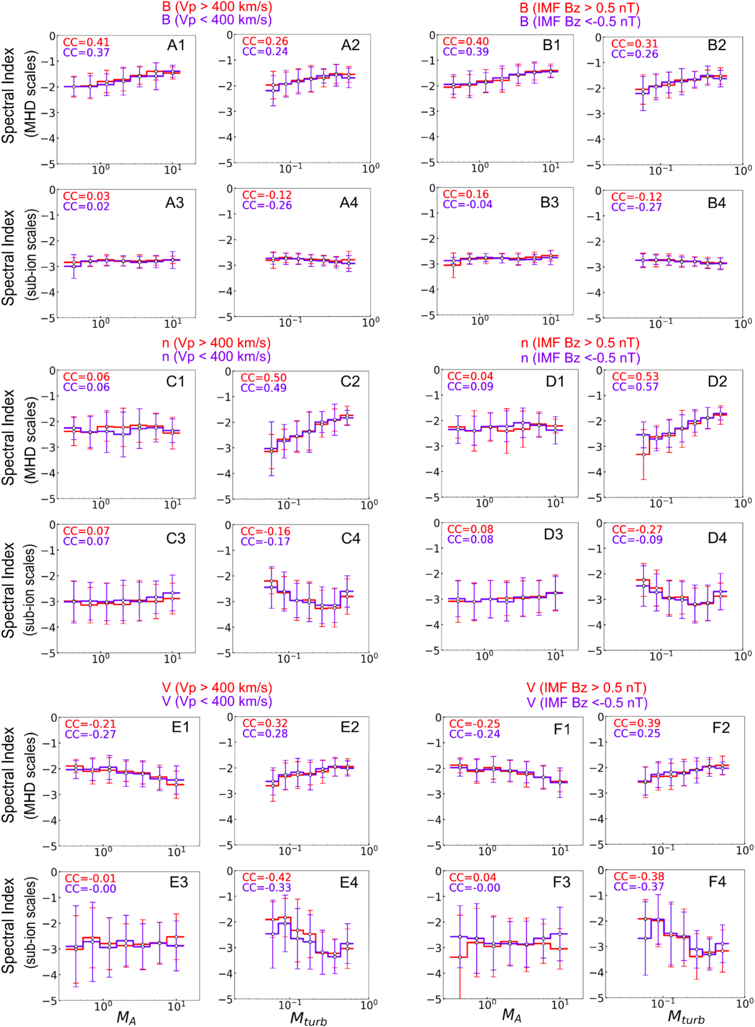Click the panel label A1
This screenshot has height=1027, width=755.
coord(176,45)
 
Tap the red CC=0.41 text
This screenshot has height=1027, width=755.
coord(86,42)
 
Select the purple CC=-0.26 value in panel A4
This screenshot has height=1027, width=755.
coord(267,206)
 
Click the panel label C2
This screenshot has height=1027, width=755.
coord(350,382)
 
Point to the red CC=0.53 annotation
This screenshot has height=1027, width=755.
coord(635,377)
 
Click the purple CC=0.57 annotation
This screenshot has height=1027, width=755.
coord(635,387)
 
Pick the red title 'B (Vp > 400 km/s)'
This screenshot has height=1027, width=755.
coord(217,7)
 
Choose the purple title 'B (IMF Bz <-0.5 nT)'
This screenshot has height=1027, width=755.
coord(580,22)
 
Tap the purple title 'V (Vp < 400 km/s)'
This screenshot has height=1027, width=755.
coord(217,701)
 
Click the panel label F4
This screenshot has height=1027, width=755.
coord(717,882)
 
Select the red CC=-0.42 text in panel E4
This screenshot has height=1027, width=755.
coord(266,877)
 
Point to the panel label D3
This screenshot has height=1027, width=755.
coord(553,534)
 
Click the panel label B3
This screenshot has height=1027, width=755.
coord(549,202)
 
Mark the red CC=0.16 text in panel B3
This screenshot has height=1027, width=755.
coord(466,194)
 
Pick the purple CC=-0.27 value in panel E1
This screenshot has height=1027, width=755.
coord(90,734)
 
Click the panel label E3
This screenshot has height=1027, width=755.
coord(179,882)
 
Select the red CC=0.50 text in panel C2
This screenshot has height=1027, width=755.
coord(264,378)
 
